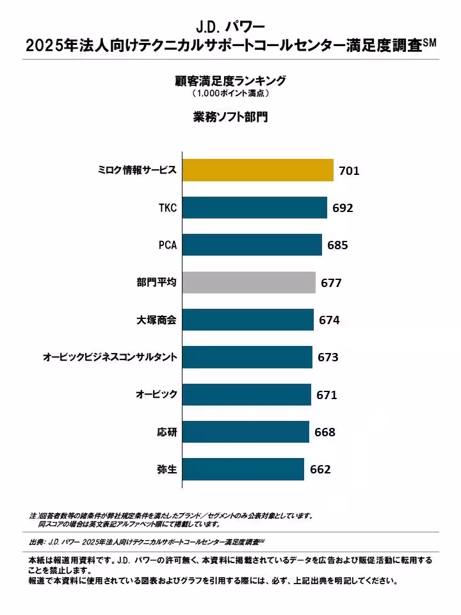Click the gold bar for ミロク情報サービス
click(x=258, y=170)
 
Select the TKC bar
click(x=255, y=208)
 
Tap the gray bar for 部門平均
click(x=249, y=282)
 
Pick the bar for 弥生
click(x=243, y=469)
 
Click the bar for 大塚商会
click(x=248, y=320)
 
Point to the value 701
click(x=349, y=171)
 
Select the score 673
click(x=328, y=357)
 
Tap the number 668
click(x=325, y=432)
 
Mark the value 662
click(x=320, y=470)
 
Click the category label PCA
click(x=167, y=245)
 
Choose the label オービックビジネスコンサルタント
click(x=109, y=357)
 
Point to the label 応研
click(x=166, y=432)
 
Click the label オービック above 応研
click(x=156, y=395)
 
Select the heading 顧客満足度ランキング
click(x=230, y=81)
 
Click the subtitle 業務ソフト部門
click(x=230, y=117)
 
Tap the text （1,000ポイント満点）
click(x=230, y=94)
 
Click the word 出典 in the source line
click(x=36, y=543)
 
